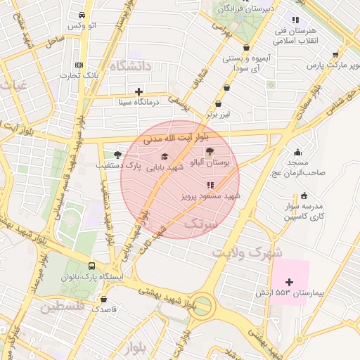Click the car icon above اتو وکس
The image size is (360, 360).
pos(83,15)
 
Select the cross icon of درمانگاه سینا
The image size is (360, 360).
pos(139,91)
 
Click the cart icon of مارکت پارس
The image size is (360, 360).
pos(335,55)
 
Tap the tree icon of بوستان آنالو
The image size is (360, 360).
pos(210,152)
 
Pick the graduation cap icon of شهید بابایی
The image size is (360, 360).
pos(165,157)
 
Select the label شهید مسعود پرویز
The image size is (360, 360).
pos(212,196)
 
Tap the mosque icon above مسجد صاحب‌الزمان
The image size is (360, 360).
pos(298,153)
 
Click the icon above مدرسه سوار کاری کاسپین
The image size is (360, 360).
pos(304,196)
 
